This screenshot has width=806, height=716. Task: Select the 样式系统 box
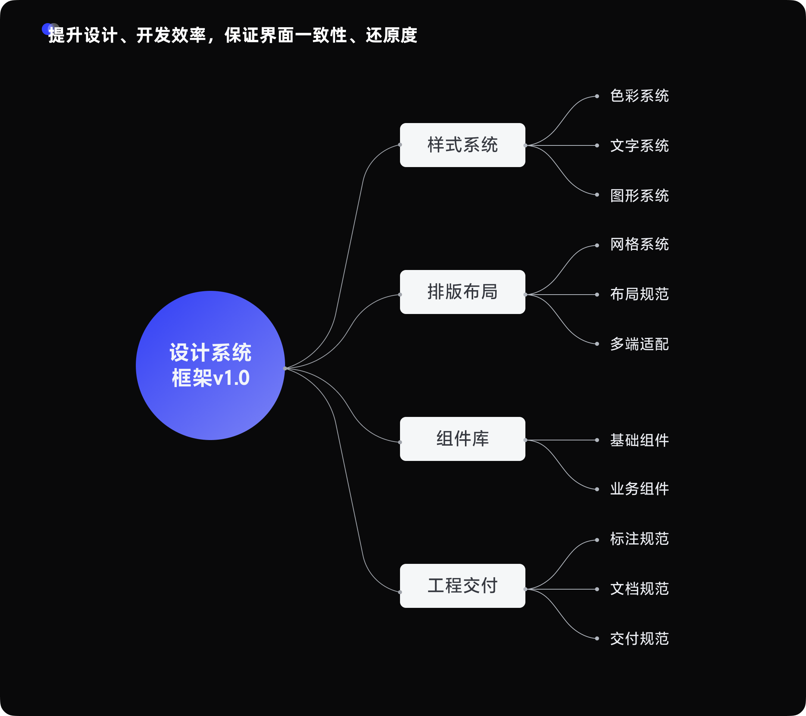coord(462,145)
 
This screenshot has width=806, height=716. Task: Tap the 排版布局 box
coord(462,292)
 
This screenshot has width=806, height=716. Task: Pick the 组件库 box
coord(462,439)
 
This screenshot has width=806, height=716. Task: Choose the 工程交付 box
coord(462,585)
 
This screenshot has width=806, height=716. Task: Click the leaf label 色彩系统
coord(639,96)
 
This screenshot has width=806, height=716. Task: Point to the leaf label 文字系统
coord(639,145)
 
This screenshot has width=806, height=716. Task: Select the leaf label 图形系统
coord(639,195)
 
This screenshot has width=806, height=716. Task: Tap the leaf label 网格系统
coord(639,244)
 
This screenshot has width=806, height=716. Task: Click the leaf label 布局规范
coord(639,294)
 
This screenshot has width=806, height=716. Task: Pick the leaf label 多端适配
coord(639,344)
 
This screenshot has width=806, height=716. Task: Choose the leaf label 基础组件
coord(639,440)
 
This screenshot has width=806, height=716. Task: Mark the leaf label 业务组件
coord(639,489)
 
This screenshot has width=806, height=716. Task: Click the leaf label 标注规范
coord(639,538)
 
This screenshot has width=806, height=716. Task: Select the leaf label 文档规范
coord(639,589)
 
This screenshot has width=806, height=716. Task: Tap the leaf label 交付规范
coord(639,638)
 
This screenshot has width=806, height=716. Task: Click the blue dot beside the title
coord(47,29)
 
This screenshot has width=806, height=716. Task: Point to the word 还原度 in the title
coord(391,35)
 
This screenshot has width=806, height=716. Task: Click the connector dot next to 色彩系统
coord(597,96)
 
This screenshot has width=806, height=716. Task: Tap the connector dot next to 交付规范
coord(597,638)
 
